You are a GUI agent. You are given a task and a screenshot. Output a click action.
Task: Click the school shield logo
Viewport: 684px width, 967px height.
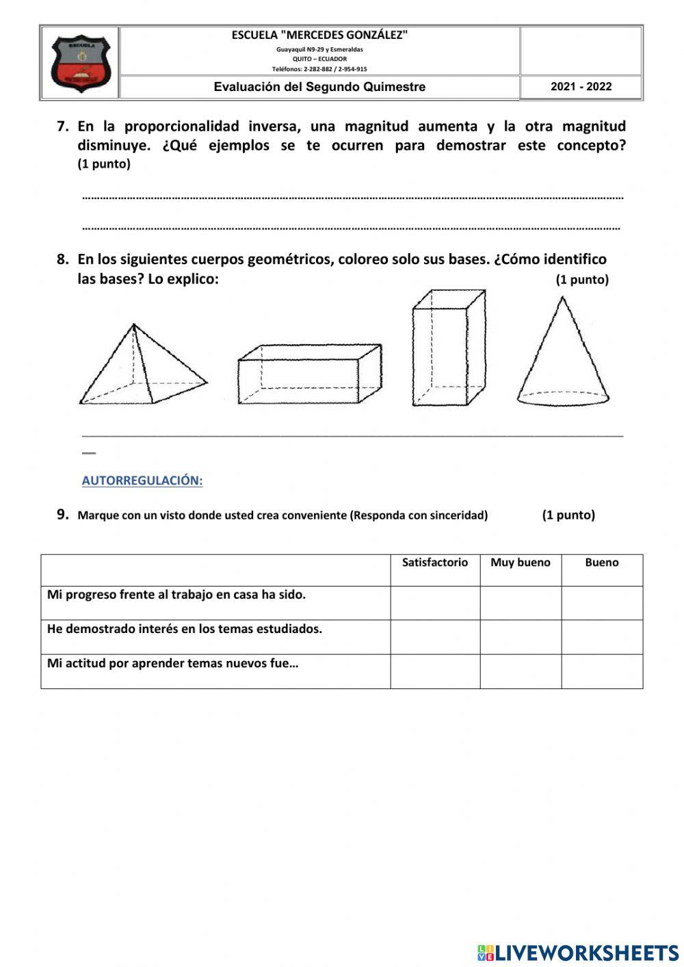pyautogui.click(x=80, y=64)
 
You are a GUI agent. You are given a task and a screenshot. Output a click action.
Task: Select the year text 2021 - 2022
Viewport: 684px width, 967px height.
pyautogui.click(x=581, y=87)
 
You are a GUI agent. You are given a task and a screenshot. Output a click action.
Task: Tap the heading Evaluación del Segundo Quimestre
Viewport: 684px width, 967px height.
pyautogui.click(x=319, y=87)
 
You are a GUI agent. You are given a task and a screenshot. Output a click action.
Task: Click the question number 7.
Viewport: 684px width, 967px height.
pyautogui.click(x=62, y=126)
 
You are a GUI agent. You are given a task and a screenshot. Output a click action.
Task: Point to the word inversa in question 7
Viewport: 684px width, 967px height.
pyautogui.click(x=273, y=126)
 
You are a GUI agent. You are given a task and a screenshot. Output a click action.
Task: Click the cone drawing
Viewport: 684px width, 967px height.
pyautogui.click(x=562, y=352)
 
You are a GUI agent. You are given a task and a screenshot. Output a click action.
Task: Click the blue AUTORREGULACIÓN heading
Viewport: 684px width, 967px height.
pyautogui.click(x=142, y=480)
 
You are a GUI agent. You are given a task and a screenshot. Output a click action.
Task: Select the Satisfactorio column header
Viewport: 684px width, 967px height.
pyautogui.click(x=435, y=563)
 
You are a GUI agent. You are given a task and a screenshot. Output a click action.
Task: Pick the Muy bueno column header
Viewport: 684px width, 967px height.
pyautogui.click(x=520, y=563)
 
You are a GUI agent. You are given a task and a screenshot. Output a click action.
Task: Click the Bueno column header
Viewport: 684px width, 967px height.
pyautogui.click(x=601, y=563)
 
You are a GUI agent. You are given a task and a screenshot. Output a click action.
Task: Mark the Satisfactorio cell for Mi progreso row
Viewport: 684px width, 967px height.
pyautogui.click(x=435, y=602)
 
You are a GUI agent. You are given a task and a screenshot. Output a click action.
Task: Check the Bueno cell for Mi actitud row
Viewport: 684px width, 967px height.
pyautogui.click(x=601, y=671)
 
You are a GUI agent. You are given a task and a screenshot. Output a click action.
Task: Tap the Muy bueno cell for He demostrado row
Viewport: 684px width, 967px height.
pyautogui.click(x=520, y=636)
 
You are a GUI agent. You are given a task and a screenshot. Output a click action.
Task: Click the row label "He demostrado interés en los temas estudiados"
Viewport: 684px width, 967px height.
pyautogui.click(x=185, y=629)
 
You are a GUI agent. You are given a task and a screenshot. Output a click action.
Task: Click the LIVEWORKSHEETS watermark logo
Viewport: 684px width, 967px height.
pyautogui.click(x=577, y=952)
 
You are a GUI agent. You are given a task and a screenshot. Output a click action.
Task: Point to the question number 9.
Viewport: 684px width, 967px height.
pyautogui.click(x=63, y=515)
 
